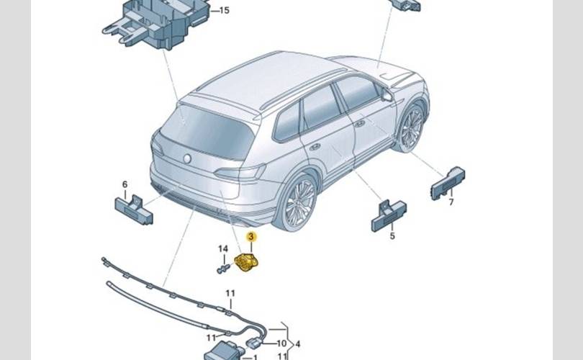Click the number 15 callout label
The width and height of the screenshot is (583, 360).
point(225,10)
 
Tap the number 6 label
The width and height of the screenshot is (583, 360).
point(125,185)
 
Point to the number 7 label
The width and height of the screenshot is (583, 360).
point(451,202)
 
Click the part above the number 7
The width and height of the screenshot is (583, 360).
point(448,182)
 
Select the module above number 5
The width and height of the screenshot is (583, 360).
point(389,214)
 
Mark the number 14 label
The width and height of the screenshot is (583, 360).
point(223,249)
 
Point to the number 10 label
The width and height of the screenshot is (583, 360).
point(282,343)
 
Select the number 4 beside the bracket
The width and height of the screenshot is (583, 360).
point(297,343)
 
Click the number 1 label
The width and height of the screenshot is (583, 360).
point(253,356)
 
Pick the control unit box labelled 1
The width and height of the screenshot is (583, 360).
point(220,352)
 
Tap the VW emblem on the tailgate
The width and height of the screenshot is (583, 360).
point(187,158)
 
